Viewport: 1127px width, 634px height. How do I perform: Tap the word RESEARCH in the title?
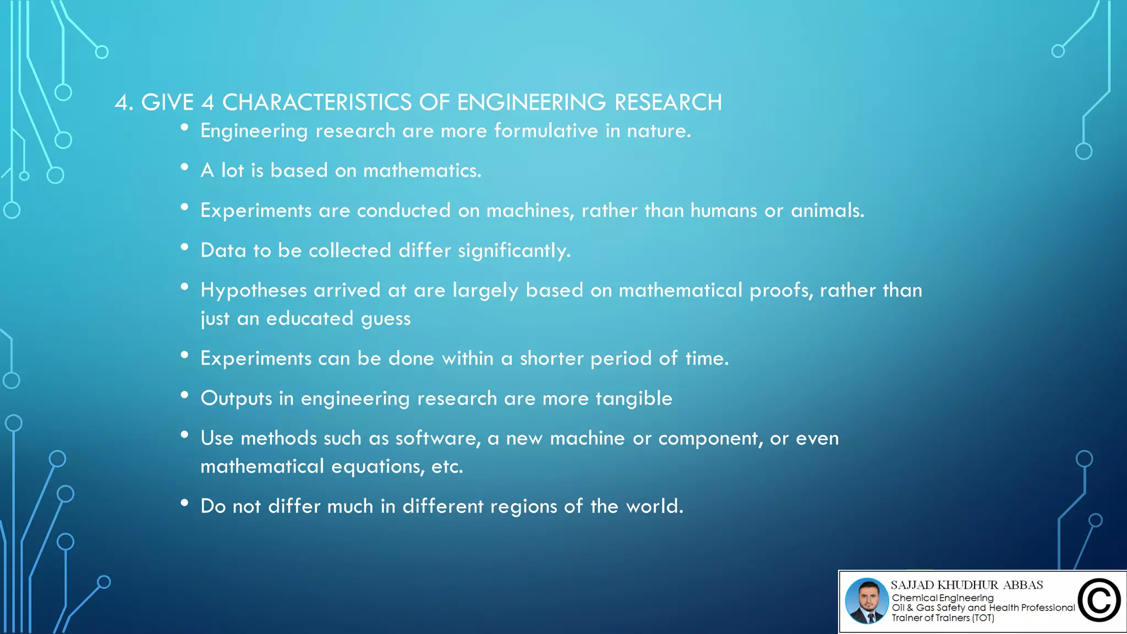point(668,102)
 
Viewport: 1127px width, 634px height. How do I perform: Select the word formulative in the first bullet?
point(546,131)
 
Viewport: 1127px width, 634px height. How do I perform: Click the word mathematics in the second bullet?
point(422,171)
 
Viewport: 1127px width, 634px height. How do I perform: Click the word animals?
point(827,211)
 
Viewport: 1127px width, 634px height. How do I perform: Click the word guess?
point(385,319)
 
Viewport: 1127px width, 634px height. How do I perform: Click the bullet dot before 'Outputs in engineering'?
point(185,395)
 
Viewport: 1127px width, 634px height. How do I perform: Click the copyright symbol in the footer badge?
point(1099,600)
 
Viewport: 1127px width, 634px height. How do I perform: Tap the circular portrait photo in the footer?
point(867,601)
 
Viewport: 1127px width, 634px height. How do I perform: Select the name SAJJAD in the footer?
point(912,585)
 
